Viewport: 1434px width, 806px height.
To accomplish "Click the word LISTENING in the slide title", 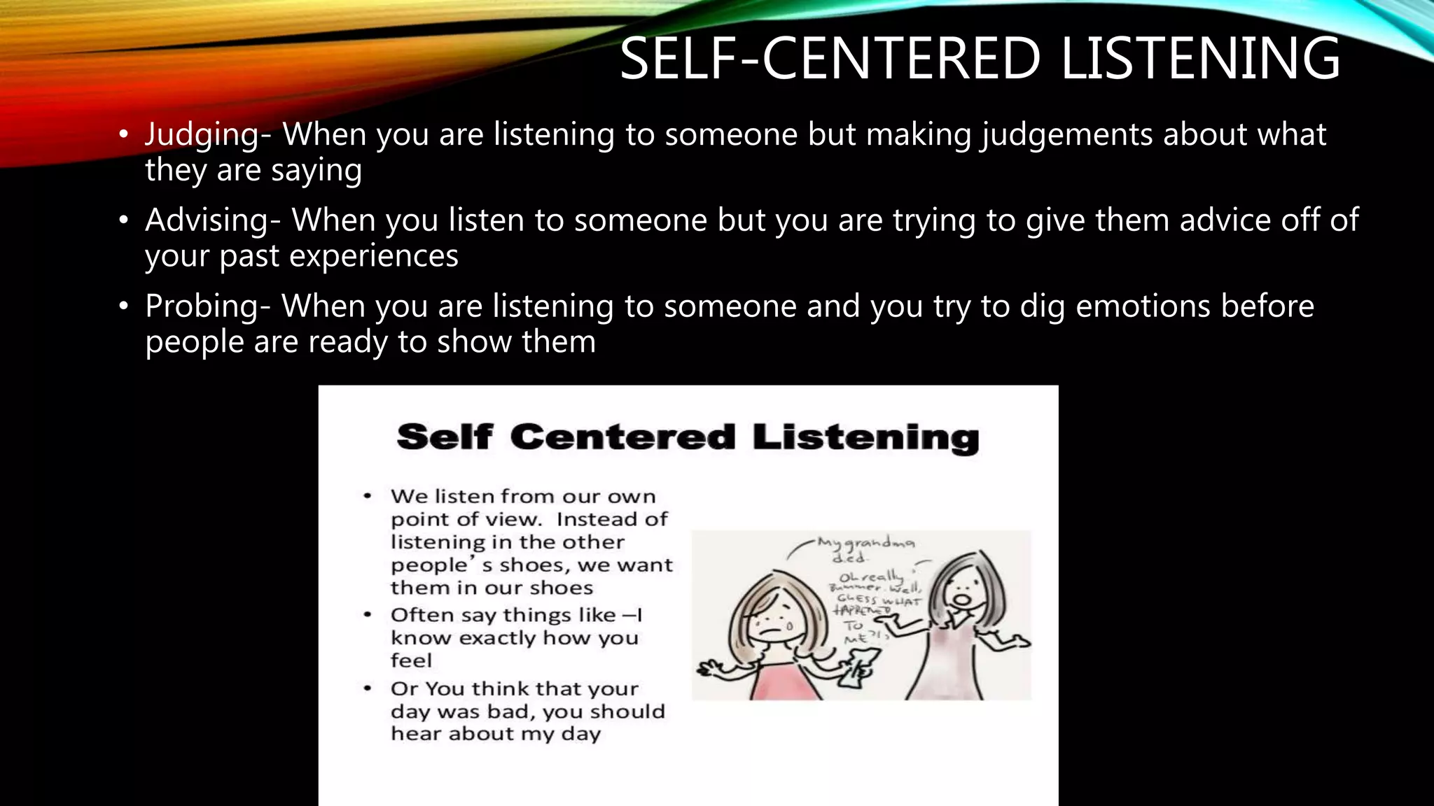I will [1200, 58].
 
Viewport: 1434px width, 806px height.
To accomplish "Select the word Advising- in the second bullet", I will [213, 220].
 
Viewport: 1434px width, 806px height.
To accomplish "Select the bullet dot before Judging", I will [124, 134].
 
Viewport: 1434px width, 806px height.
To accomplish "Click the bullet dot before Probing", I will [124, 306].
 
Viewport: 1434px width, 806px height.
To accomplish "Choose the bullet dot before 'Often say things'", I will [368, 615].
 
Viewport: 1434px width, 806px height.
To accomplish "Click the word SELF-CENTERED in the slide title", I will [830, 58].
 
